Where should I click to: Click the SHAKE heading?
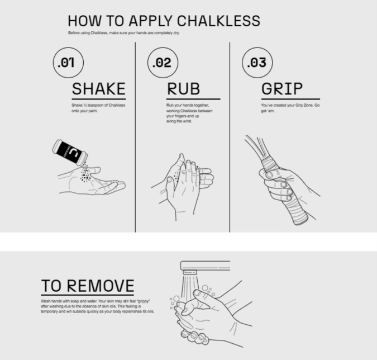[x=99, y=89]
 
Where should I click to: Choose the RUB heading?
[x=183, y=89]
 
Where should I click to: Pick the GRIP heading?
[x=282, y=89]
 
